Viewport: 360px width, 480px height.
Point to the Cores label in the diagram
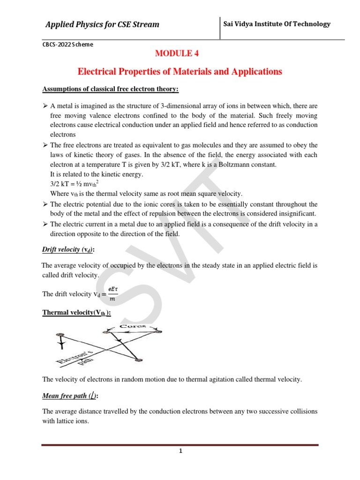(133, 325)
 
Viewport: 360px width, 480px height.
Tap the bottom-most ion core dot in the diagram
(138, 360)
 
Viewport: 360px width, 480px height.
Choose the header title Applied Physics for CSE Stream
(102, 24)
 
